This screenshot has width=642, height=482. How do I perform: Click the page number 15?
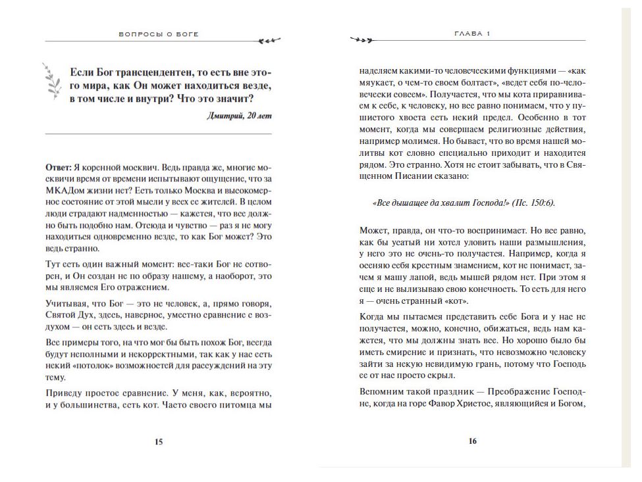point(159,442)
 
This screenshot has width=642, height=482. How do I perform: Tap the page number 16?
point(472,442)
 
